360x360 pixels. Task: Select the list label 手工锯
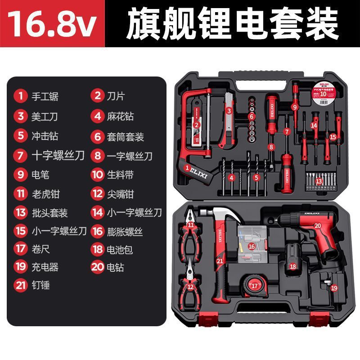click(x=45, y=96)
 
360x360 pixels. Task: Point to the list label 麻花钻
click(x=120, y=116)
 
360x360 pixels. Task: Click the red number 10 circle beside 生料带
click(x=97, y=174)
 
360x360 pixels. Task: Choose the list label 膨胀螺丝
click(x=125, y=232)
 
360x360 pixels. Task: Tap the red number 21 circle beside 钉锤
click(x=20, y=285)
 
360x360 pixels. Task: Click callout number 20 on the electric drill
click(x=317, y=226)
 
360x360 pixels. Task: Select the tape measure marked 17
click(x=255, y=285)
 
